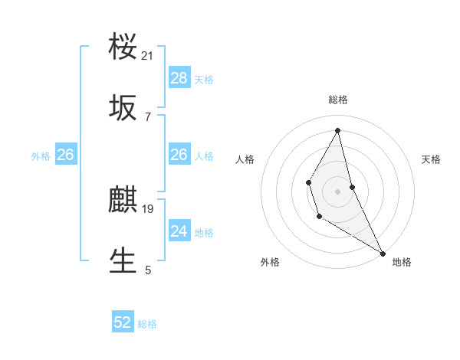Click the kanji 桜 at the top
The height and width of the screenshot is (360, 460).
pyautogui.click(x=123, y=47)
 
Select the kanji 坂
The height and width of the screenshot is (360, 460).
pyautogui.click(x=123, y=109)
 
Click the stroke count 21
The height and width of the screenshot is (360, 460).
pyautogui.click(x=148, y=56)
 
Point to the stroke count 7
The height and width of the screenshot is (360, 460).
pyautogui.click(x=148, y=116)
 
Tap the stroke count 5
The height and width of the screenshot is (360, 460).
pyautogui.click(x=148, y=270)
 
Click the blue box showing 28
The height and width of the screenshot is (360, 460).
pyautogui.click(x=179, y=78)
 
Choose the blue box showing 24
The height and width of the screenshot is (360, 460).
pyautogui.click(x=179, y=231)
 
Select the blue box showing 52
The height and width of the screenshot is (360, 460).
pyautogui.click(x=123, y=323)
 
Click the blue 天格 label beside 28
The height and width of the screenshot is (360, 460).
pyautogui.click(x=204, y=80)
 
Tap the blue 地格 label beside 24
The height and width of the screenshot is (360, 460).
pyautogui.click(x=204, y=233)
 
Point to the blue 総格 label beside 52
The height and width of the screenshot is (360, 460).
pyautogui.click(x=147, y=325)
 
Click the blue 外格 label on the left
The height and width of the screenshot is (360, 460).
pyautogui.click(x=41, y=156)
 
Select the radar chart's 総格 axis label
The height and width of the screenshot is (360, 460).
pyautogui.click(x=338, y=100)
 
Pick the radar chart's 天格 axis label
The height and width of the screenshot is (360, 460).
pyautogui.click(x=432, y=159)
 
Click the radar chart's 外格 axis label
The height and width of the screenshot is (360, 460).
pyautogui.click(x=270, y=262)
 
